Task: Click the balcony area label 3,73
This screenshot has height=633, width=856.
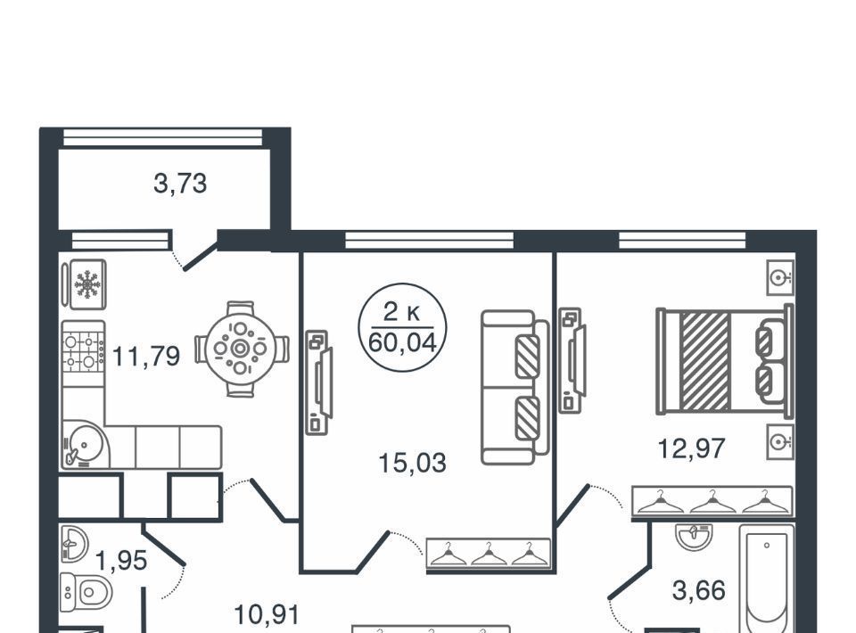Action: tap(180, 184)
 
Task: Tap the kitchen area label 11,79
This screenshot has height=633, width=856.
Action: tap(145, 357)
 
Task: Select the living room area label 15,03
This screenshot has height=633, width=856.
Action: tap(412, 463)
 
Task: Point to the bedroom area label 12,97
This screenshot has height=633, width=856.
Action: tap(691, 448)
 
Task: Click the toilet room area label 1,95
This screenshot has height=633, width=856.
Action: tap(121, 560)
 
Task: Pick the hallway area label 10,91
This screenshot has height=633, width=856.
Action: tap(267, 614)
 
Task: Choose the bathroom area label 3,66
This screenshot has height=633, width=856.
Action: tap(699, 590)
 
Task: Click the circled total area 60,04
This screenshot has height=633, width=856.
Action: tap(403, 342)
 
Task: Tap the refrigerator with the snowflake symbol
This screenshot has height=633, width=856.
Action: tap(85, 285)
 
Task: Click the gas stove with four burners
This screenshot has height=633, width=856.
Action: tap(84, 347)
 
